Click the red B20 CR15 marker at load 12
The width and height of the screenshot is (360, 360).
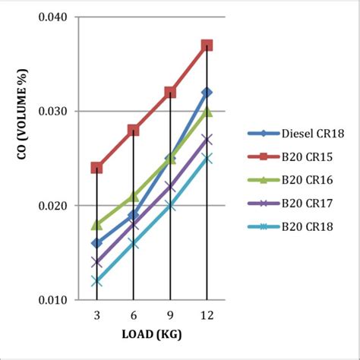207,46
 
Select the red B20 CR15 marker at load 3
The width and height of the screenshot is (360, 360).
96,167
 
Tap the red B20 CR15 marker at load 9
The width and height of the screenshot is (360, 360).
170,93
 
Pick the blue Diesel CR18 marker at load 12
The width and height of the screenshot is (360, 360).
207,93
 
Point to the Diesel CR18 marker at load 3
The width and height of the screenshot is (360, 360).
96,243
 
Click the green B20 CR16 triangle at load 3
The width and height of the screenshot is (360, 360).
96,224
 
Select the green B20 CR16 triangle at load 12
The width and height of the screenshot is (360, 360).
207,112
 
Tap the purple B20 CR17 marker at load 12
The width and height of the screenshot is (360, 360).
207,140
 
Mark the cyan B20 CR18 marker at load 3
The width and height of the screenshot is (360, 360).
96,281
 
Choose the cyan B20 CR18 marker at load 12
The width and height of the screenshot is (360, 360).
207,159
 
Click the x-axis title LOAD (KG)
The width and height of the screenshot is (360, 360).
151,334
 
